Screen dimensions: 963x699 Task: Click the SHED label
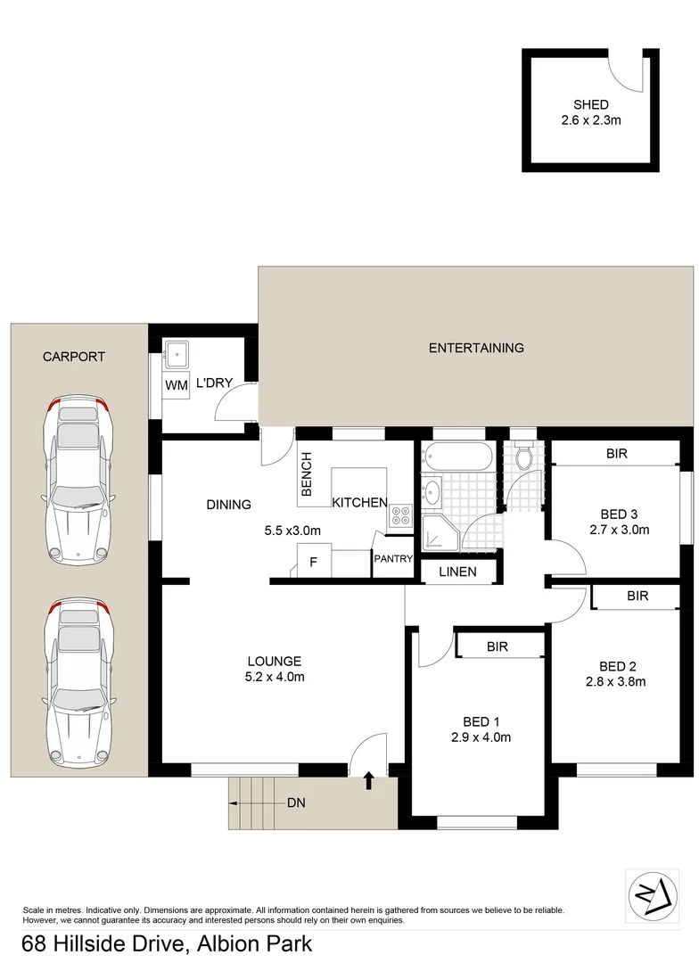[x=591, y=104]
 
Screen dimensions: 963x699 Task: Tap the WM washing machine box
[x=175, y=385]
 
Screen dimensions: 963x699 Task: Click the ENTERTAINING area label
[x=476, y=348]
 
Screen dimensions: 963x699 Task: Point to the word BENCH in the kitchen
[x=307, y=474]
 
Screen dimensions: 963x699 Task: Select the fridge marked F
[x=313, y=563]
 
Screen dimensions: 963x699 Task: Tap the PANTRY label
[x=393, y=559]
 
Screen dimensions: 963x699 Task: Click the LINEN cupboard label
[x=456, y=572]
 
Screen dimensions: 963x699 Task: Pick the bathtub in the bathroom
[x=458, y=458]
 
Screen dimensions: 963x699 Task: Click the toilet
[x=523, y=456]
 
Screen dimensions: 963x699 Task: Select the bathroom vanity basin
[x=433, y=491]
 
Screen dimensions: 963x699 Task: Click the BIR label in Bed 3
[x=617, y=453]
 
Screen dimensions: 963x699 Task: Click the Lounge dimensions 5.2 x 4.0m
[x=274, y=677]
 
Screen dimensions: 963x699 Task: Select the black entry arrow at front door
[x=369, y=782]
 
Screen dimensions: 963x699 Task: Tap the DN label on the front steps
[x=296, y=803]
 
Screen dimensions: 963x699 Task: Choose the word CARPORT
[x=74, y=357]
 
